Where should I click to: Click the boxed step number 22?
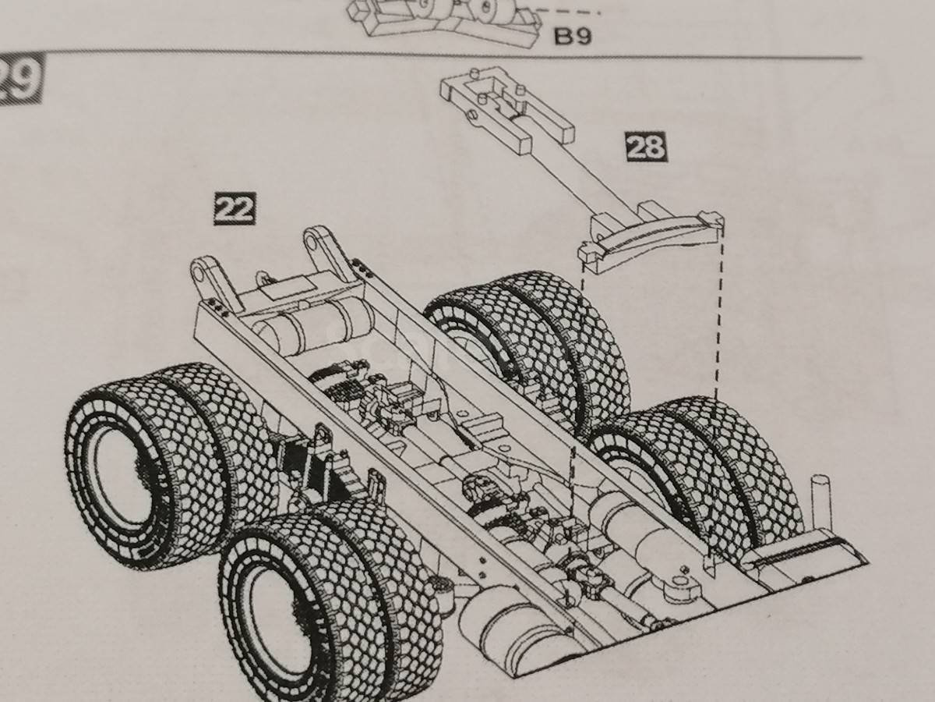235,208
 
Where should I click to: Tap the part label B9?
573,36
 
